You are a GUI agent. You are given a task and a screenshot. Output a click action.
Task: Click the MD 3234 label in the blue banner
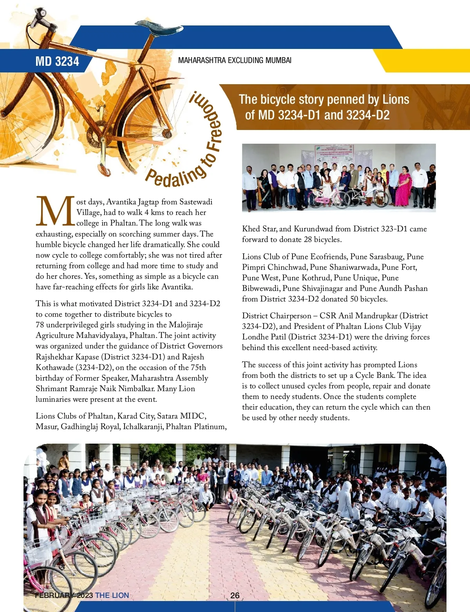[57, 61]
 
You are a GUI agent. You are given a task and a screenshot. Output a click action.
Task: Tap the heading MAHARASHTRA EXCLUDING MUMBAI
[235, 60]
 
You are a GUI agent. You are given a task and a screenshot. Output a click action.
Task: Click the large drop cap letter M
[55, 212]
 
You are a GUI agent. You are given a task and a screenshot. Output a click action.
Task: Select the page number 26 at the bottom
[235, 595]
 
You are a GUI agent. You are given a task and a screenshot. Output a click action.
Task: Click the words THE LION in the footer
[112, 595]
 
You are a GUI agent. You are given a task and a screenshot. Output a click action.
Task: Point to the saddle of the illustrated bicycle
[161, 29]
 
